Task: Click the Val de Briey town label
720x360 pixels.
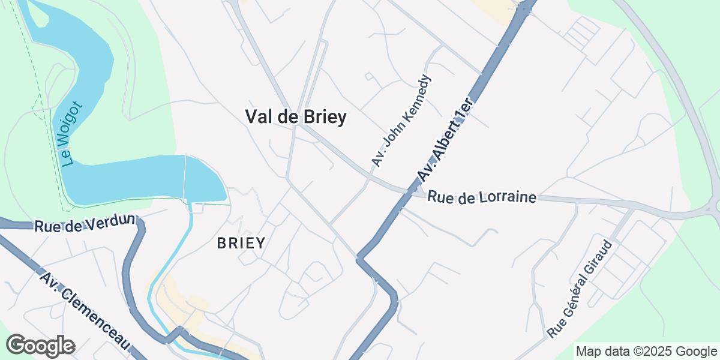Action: pos(296,116)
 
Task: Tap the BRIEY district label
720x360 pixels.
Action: pos(241,243)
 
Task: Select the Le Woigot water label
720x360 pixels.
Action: pos(71,134)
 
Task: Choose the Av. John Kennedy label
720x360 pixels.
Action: pos(401,121)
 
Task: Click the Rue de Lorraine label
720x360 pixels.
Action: pos(482,197)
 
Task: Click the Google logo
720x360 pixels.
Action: pos(40,346)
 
